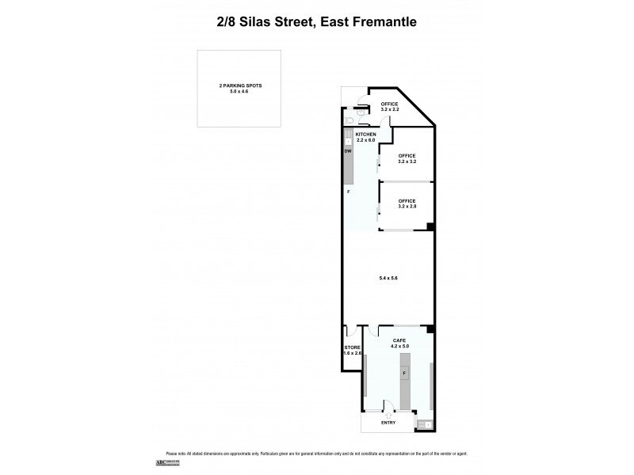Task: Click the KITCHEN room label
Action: coord(365,135)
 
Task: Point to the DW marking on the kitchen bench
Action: coord(348,151)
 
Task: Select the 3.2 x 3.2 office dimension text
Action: coord(407,161)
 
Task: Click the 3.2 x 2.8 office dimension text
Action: coord(407,206)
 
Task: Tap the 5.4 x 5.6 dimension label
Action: coord(388,277)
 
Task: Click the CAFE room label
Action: coord(399,340)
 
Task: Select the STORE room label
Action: coord(353,348)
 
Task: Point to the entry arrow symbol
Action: coord(388,414)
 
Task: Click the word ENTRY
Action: coord(388,423)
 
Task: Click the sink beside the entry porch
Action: coord(426,424)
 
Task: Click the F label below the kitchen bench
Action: coord(347,192)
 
